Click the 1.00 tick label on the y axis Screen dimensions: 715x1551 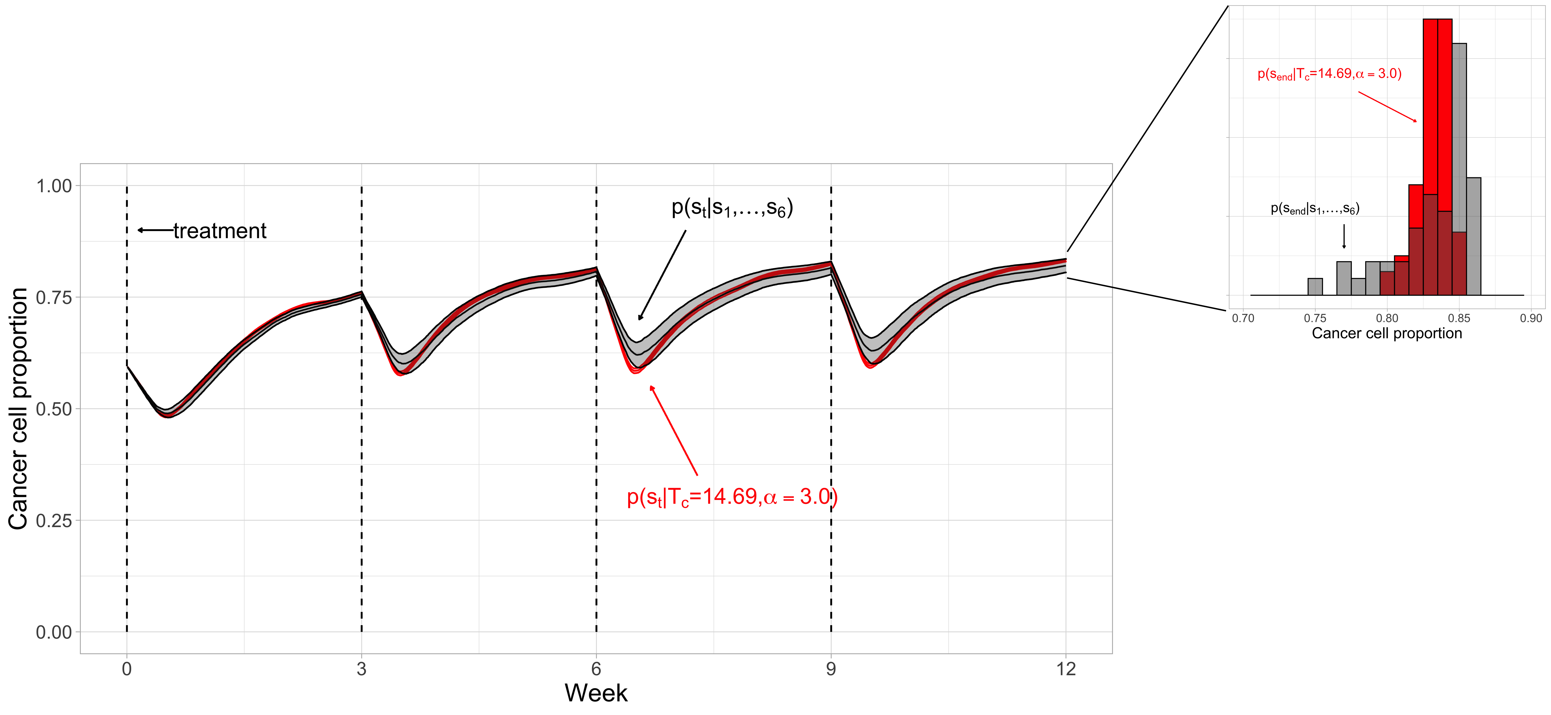pos(54,186)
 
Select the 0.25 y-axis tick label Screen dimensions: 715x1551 pos(54,521)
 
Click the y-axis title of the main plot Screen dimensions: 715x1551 pos(18,409)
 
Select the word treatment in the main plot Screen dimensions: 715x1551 pos(220,231)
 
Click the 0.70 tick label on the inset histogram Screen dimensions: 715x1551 pos(1243,318)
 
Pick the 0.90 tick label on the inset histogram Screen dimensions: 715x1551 pos(1531,318)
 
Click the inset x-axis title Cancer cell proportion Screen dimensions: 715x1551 pos(1387,333)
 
